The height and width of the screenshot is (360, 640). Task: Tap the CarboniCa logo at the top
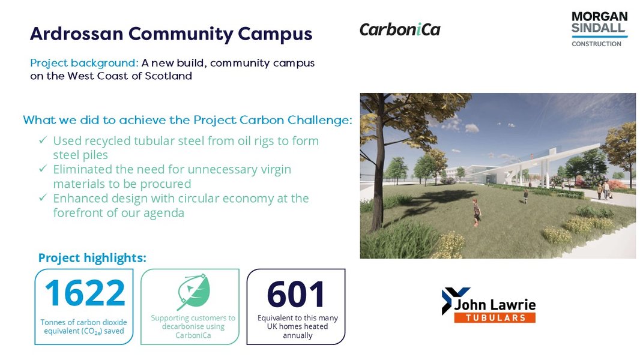400,29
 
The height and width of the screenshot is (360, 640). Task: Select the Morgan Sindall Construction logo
599,29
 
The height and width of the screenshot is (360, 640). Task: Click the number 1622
85,293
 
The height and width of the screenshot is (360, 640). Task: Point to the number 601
296,294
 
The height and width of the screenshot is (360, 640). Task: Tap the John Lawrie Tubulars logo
488,305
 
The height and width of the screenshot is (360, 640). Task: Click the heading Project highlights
92,258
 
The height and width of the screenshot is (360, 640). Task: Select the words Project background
84,63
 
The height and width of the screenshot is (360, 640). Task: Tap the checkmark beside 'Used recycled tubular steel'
43,141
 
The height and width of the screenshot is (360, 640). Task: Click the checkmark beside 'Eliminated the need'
43,170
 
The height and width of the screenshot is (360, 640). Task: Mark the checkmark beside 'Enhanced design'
43,199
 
